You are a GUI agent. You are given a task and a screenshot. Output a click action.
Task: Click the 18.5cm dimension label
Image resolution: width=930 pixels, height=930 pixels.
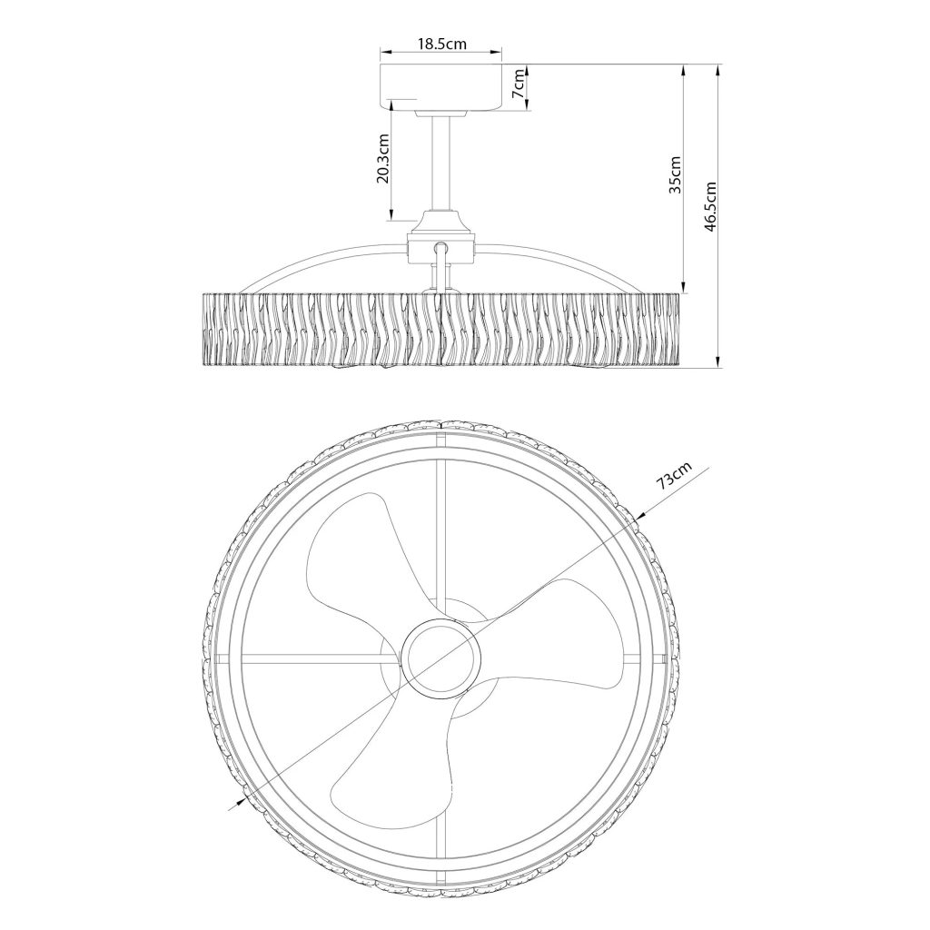coord(442,44)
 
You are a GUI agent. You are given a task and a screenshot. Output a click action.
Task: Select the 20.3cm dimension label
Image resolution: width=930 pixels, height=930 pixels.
coord(383,158)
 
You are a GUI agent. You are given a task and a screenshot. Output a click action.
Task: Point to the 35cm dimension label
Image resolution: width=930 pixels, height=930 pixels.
coord(675,174)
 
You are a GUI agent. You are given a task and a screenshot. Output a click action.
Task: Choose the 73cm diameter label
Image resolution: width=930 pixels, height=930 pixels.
coord(675,476)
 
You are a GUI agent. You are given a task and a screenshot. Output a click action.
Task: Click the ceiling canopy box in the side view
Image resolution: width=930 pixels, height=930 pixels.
coord(441,87)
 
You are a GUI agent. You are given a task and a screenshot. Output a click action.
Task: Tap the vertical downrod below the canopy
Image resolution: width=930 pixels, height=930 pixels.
coord(441,163)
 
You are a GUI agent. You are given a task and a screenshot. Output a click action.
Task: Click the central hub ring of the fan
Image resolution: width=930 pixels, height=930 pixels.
coord(440,658)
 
